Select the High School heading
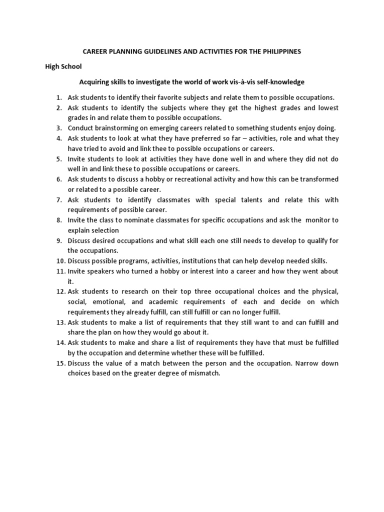(64, 66)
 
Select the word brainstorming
(117, 128)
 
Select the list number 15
(60, 363)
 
